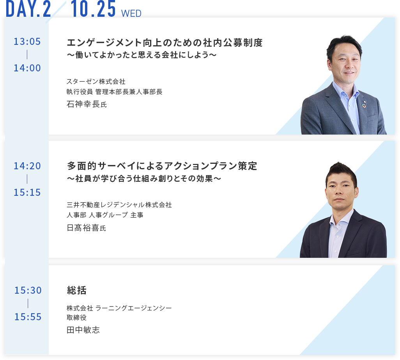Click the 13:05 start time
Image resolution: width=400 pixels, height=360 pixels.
tap(27, 42)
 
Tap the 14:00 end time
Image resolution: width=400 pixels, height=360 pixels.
tap(27, 68)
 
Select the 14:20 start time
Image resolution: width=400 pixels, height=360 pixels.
tap(27, 166)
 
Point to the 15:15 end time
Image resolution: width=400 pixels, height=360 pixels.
tap(27, 192)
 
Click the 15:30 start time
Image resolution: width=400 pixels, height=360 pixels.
tap(28, 290)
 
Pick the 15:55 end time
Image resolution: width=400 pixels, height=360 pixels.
tap(28, 317)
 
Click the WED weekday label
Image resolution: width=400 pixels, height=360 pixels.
tap(131, 14)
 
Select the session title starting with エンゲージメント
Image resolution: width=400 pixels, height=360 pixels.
tap(165, 43)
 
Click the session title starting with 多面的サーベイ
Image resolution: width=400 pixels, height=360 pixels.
tap(162, 166)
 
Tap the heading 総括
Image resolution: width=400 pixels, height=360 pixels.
tap(77, 290)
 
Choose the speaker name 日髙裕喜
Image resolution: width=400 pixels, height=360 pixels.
tap(83, 228)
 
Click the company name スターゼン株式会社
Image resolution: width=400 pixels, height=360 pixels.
tap(96, 82)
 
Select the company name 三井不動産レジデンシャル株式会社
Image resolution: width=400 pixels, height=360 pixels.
tap(119, 205)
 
